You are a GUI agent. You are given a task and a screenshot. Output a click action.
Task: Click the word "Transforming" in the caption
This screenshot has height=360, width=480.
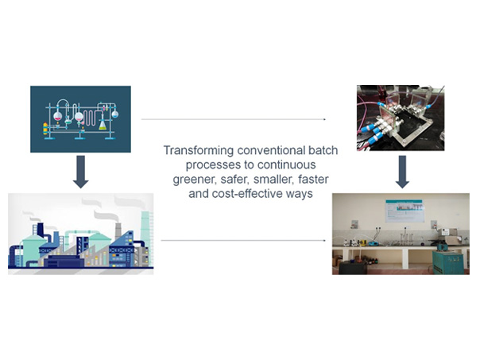pyautogui.click(x=199, y=151)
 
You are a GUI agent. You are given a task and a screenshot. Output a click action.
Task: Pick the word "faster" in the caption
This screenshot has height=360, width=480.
pyautogui.click(x=313, y=179)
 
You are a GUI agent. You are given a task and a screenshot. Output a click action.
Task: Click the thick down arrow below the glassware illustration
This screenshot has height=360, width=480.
pyautogui.click(x=81, y=172)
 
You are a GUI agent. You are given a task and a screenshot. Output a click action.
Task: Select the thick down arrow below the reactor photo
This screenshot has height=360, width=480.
pyautogui.click(x=402, y=172)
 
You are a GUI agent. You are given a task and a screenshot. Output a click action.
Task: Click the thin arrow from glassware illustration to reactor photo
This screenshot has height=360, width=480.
pyautogui.click(x=234, y=119)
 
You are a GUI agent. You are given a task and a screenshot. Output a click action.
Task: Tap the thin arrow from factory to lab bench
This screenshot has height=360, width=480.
pyautogui.click(x=243, y=240)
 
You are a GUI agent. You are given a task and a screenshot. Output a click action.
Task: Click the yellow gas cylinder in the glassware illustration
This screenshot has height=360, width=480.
pyautogui.click(x=45, y=129)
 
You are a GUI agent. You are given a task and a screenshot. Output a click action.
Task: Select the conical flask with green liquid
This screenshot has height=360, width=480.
pyautogui.click(x=103, y=125)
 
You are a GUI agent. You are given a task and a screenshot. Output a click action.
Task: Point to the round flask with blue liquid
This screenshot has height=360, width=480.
pyautogui.click(x=115, y=114)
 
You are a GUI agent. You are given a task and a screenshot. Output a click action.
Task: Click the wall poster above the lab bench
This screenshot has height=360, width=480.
pyautogui.click(x=405, y=211)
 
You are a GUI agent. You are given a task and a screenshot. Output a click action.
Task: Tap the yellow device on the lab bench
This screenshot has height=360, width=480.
pyautogui.click(x=363, y=243)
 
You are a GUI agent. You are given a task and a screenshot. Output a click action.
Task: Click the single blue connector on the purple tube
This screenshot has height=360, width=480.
pyautogui.click(x=429, y=106)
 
